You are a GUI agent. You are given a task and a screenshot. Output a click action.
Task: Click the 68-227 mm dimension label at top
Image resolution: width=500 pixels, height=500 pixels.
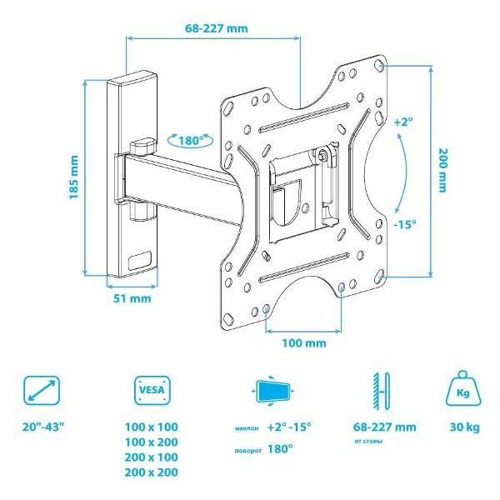coord(217,28)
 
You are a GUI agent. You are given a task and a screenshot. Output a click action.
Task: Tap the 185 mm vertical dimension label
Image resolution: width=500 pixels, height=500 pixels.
coord(73,177)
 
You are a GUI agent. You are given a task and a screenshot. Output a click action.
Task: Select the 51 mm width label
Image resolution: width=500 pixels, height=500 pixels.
coord(132,298)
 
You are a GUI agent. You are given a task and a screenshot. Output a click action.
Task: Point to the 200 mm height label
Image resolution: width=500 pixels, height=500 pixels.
coord(442,170)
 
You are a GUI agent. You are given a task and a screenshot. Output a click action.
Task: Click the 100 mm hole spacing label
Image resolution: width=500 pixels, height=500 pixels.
coord(304,343)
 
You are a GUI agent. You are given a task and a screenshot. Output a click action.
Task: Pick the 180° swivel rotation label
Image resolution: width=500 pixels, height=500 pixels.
coord(191,140)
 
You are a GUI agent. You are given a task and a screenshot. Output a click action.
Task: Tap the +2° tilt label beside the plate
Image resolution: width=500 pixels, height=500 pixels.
coord(403,122)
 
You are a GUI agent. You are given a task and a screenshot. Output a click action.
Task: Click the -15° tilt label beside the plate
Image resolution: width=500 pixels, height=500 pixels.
coord(405,224)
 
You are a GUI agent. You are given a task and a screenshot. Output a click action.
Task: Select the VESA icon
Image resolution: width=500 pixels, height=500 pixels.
coord(152,390)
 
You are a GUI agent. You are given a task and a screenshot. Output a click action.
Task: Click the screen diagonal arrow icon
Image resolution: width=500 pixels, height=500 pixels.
coord(42,391)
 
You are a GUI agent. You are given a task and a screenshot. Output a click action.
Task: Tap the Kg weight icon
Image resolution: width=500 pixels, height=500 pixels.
coord(463,388)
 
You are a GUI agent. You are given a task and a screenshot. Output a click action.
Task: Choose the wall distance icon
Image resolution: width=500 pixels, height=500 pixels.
coord(382,392)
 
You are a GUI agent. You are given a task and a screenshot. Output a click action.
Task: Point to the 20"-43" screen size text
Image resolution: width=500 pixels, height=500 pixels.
coord(43,427)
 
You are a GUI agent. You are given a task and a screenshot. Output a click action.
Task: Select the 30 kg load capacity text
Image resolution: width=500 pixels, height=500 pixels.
coord(465,427)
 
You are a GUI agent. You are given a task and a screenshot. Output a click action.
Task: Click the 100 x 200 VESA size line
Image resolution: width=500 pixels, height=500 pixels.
coord(151,442)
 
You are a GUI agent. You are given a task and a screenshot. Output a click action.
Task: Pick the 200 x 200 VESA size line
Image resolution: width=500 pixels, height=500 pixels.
coord(151,472)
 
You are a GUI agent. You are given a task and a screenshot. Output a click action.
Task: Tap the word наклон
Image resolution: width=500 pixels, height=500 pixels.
coord(247,428)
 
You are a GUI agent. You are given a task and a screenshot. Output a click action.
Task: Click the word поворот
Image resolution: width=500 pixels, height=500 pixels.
coord(248,451)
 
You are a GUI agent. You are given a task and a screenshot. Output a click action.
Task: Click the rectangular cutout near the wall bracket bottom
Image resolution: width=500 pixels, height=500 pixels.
coord(140,260)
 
